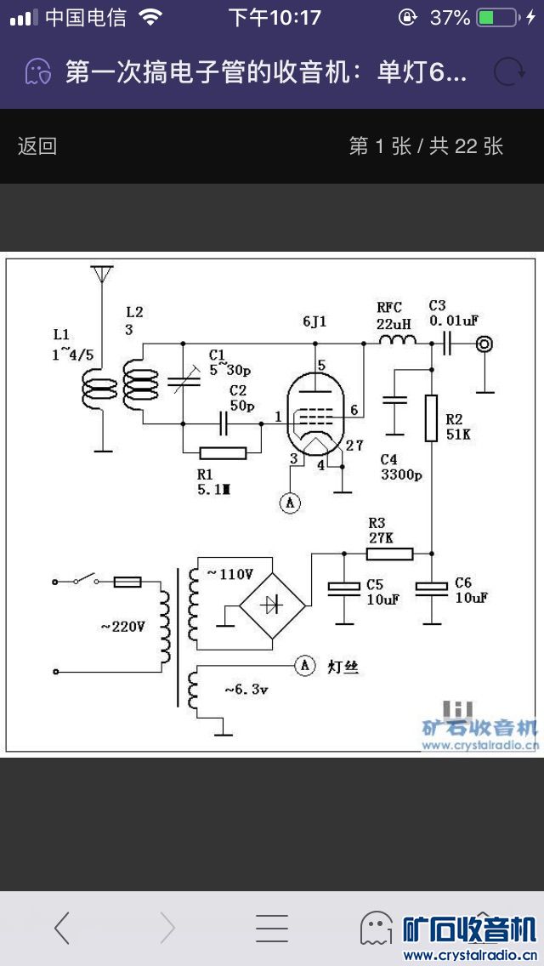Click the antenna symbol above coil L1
coord(101,274)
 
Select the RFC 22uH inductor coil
coord(397,342)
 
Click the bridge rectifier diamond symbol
coord(272,605)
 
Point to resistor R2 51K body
coord(431,418)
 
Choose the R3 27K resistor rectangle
coord(390,554)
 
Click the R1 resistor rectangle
coord(222,452)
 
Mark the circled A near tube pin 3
coord(290,503)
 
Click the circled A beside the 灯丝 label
coord(304,666)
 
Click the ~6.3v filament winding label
coord(246,690)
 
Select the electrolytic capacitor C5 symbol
coord(344,588)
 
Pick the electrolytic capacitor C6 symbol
coord(431,588)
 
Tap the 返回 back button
coord(37,146)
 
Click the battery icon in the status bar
coord(496,17)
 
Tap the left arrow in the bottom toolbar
coord(62,928)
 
